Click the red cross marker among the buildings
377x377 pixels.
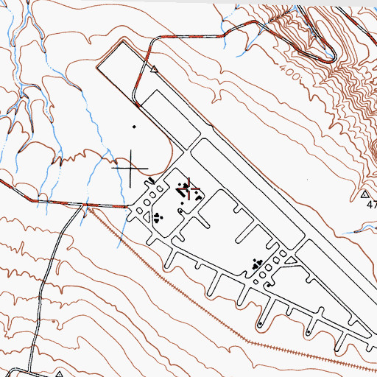pos(193,188)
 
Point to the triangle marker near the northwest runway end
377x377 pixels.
pos(154,71)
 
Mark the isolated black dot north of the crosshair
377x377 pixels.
pos(134,127)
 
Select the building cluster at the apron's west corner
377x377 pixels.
pos(158,216)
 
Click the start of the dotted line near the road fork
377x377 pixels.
pos(91,209)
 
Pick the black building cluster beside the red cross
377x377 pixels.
pos(182,190)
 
